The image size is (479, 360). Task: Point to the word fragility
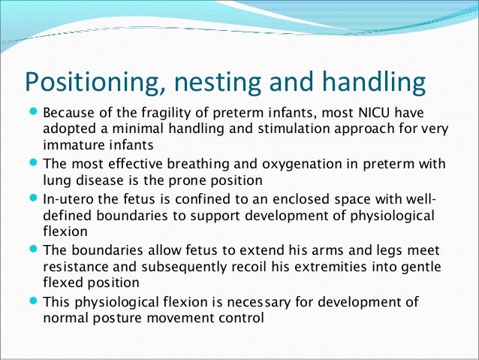click(x=164, y=113)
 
